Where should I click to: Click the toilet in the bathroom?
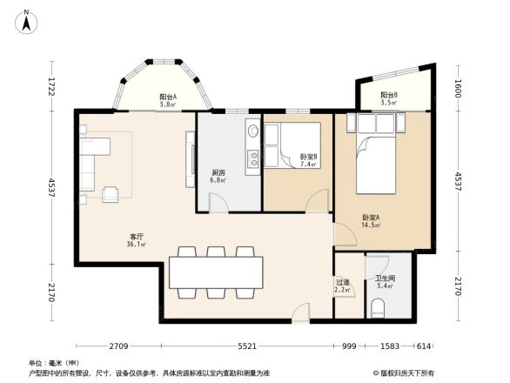point(379,307)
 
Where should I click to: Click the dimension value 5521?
point(248,346)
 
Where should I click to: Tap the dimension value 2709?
point(120,346)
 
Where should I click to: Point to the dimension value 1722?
point(51,87)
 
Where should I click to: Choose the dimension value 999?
point(349,346)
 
